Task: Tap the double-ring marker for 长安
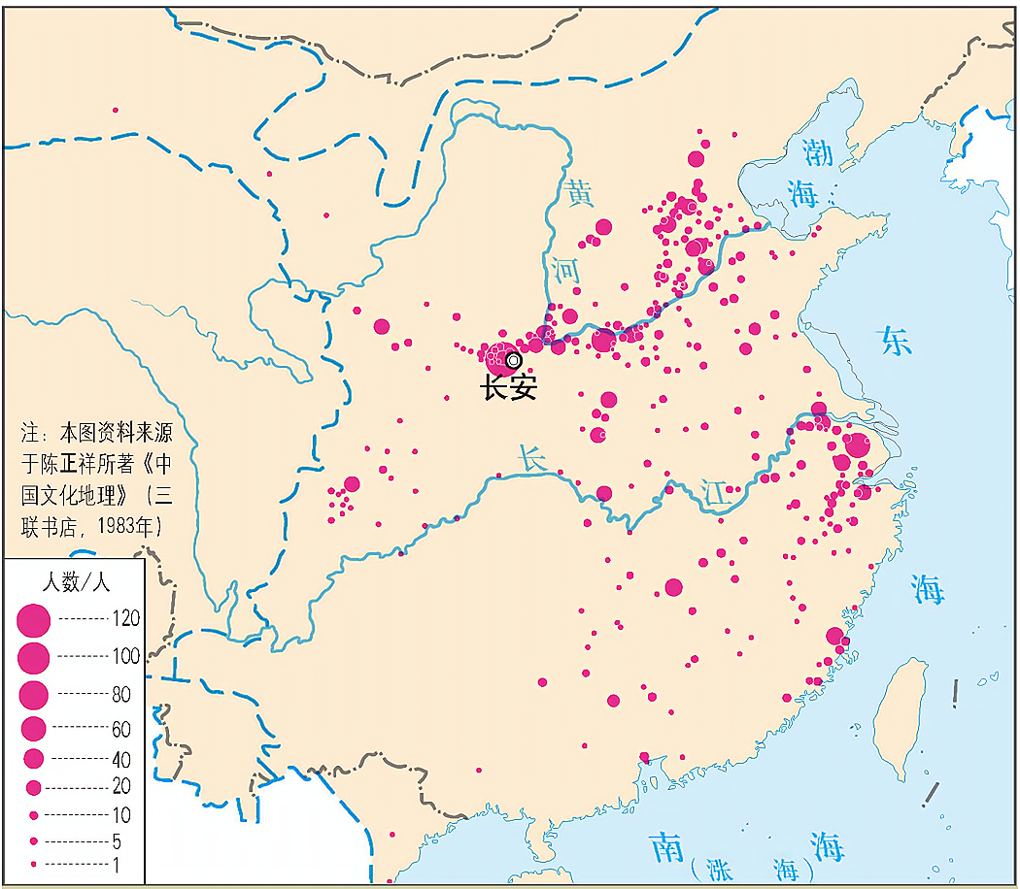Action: (514, 360)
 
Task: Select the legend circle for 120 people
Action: (34, 619)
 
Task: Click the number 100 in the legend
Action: (125, 656)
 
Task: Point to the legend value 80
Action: (120, 694)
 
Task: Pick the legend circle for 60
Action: (34, 727)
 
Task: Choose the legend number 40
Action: (120, 759)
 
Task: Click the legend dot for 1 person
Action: (34, 863)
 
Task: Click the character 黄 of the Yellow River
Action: (581, 193)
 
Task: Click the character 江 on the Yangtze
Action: (716, 493)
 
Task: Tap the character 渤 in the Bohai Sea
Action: (818, 151)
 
